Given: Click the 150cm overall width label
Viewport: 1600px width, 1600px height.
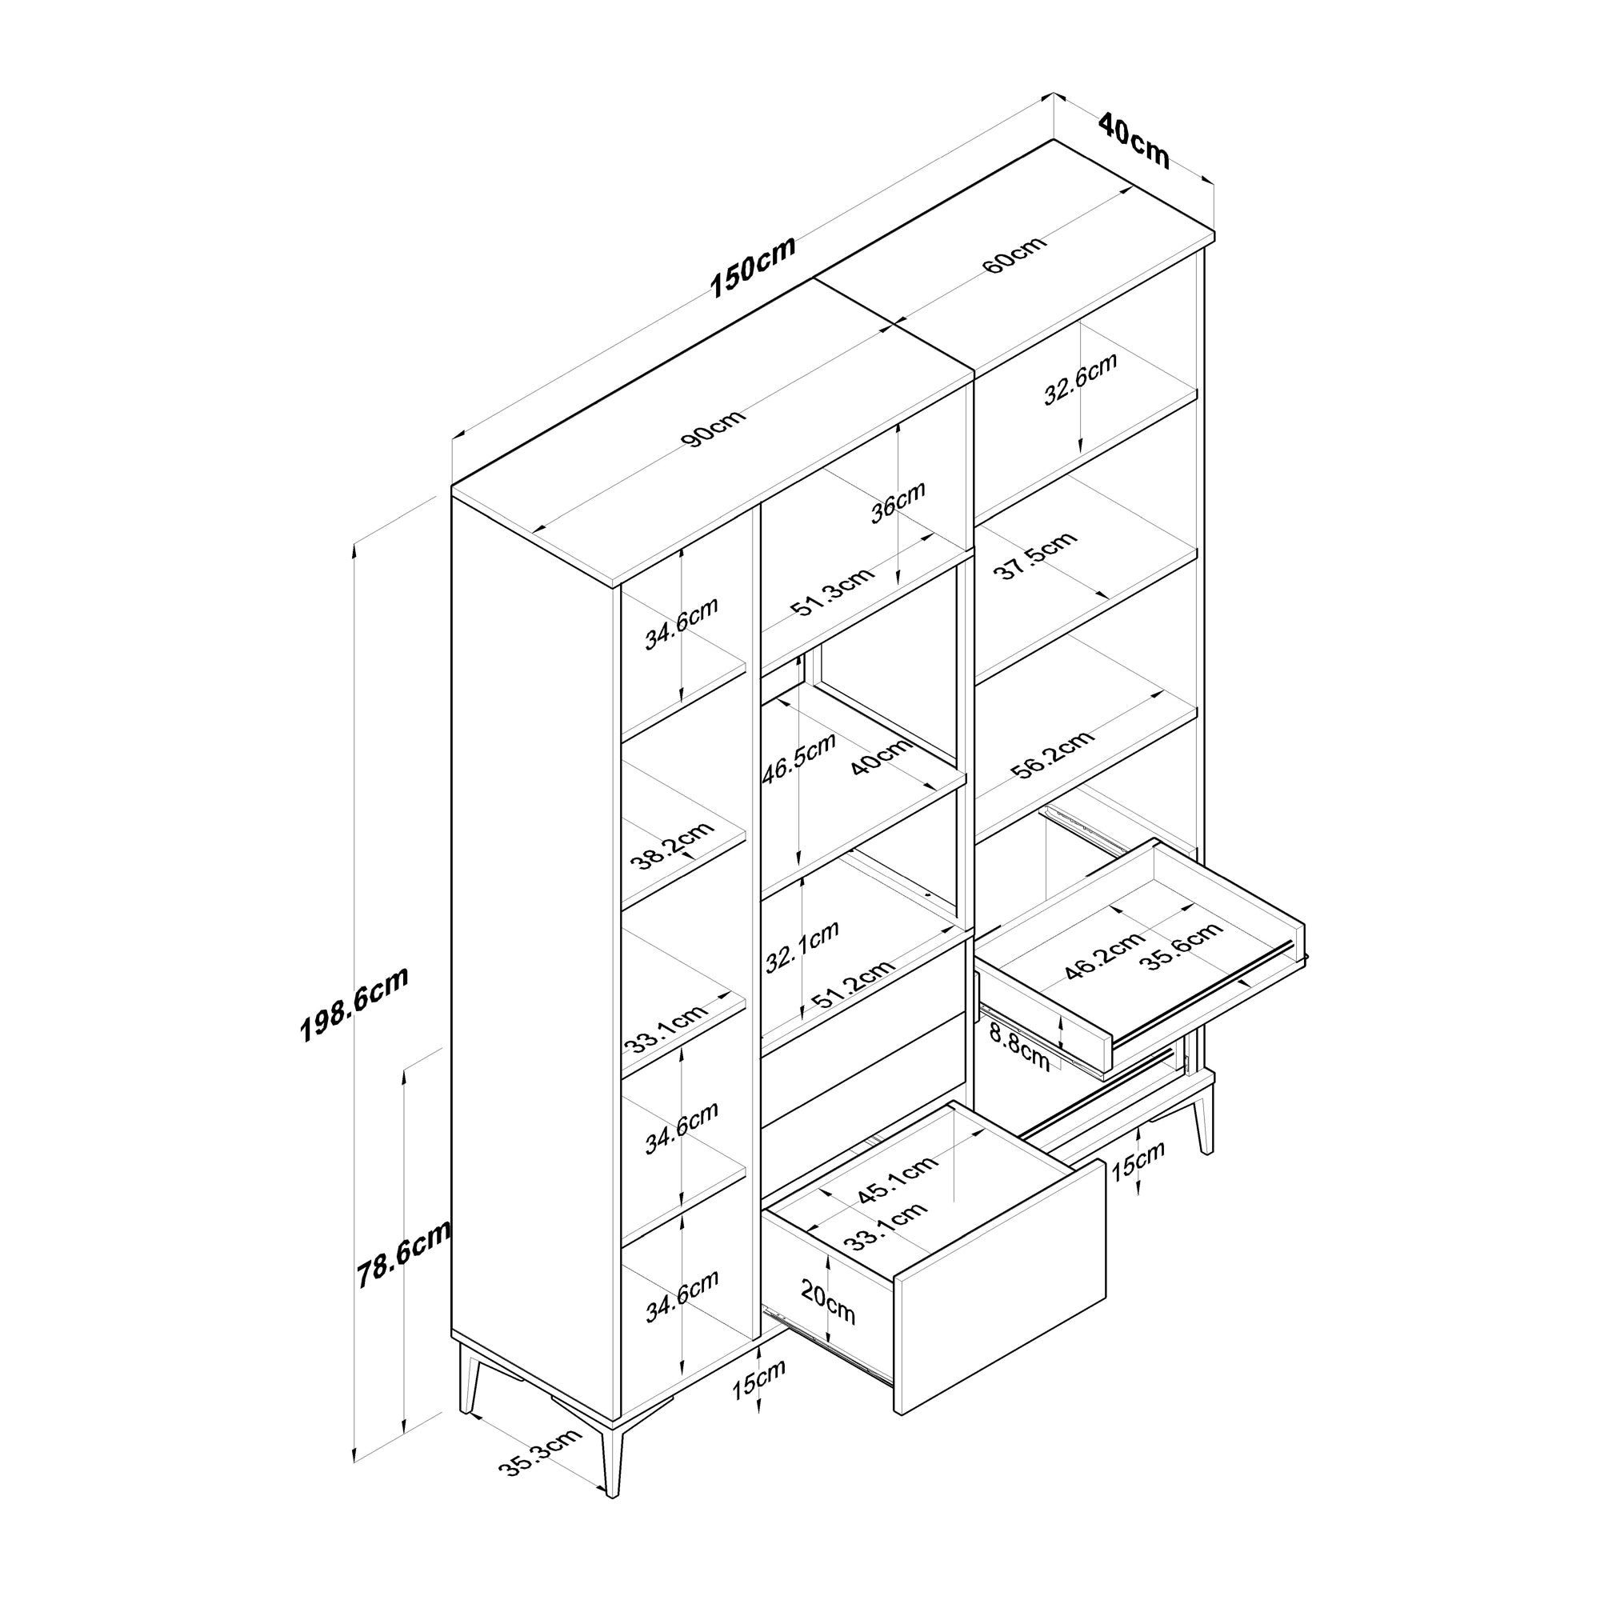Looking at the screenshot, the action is click(753, 266).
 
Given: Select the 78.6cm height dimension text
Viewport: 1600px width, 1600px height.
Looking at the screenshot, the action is click(403, 1254).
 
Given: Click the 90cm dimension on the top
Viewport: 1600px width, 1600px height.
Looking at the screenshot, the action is click(714, 426).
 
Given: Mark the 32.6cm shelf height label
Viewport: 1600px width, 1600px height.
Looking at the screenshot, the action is click(1080, 378).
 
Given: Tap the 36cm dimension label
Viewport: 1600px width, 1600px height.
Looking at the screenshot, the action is click(898, 502).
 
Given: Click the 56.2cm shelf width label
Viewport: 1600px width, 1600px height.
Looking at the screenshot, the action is click(1052, 754).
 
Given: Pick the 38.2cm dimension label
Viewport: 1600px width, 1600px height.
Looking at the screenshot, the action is click(672, 846).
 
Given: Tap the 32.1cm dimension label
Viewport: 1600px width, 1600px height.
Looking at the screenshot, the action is click(802, 946).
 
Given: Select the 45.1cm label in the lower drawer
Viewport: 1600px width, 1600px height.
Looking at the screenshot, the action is click(897, 1177).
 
